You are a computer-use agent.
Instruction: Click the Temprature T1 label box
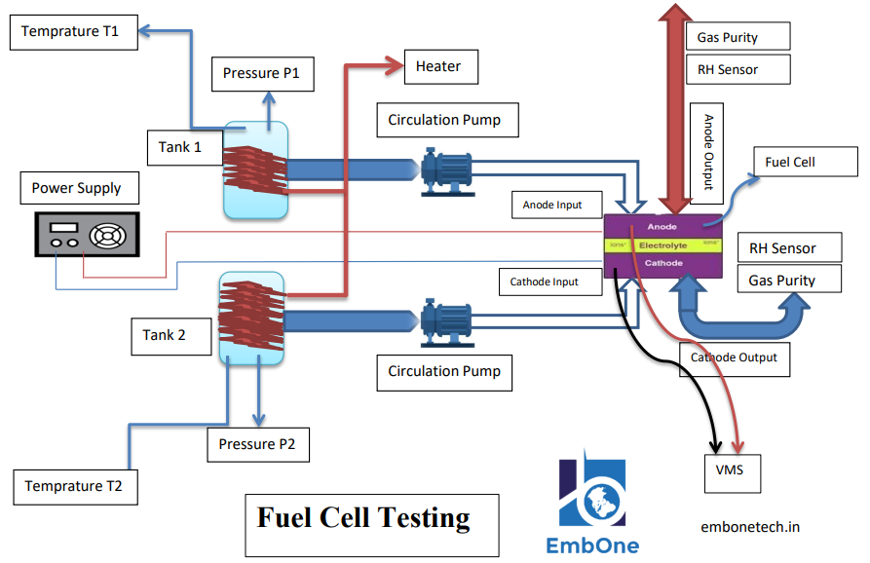pos(70,32)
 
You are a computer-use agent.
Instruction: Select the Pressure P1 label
pos(262,73)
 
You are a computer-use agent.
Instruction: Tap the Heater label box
pos(438,66)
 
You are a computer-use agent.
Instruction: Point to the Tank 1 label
pos(180,147)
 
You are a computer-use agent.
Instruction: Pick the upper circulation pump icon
pos(447,171)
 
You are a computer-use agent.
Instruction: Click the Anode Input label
pos(552,206)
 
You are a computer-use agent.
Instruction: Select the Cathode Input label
pos(544,282)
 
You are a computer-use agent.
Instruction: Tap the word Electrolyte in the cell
pos(663,245)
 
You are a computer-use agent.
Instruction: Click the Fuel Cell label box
pos(790,162)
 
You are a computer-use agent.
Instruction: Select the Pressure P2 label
pos(258,444)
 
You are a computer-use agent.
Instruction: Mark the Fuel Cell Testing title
pos(363,517)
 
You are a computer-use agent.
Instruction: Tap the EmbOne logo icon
pos(592,492)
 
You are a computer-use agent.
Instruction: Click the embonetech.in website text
pos(750,527)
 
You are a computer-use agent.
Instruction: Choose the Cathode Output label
pos(734,357)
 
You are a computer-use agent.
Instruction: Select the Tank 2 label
pos(164,335)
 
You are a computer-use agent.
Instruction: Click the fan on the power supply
pos(107,237)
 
